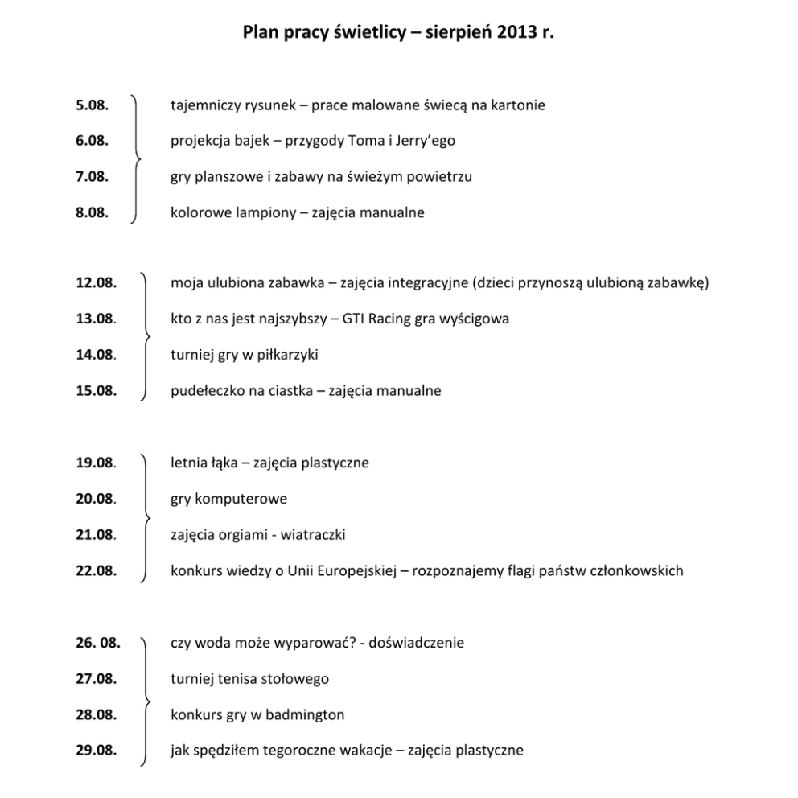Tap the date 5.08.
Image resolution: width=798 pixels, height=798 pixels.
tap(93, 105)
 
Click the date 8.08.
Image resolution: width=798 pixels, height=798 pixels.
tap(93, 213)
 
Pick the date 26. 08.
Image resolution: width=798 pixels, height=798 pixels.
tap(98, 643)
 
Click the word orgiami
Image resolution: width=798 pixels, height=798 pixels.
tap(248, 535)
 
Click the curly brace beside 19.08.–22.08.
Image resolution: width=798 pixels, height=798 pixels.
tap(145, 517)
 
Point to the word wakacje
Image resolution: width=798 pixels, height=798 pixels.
tap(371, 751)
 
